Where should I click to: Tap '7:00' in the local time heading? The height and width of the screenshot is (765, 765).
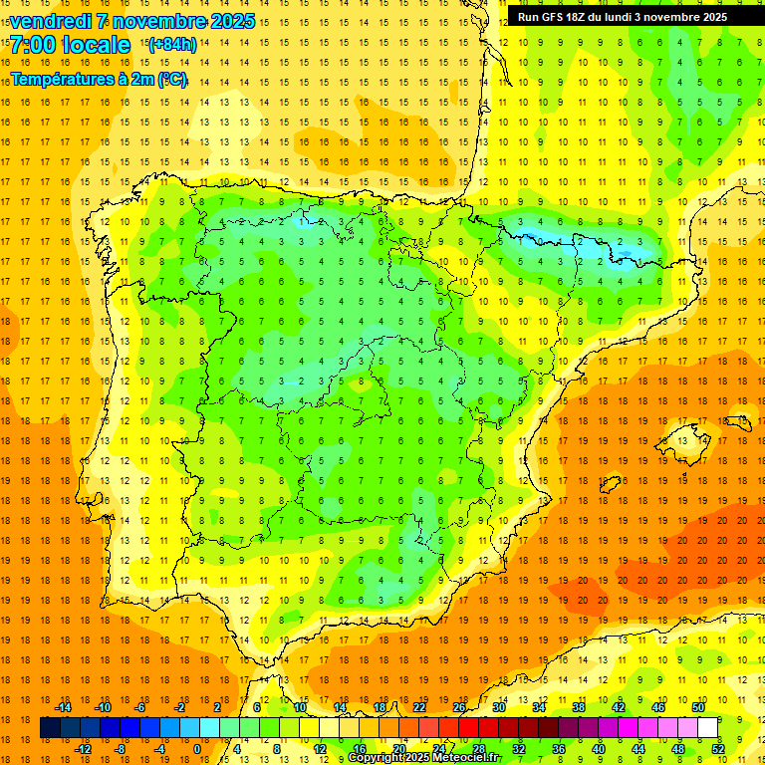33,45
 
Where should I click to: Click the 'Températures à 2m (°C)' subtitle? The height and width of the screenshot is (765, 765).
99,79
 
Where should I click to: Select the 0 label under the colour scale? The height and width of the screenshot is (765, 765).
197,748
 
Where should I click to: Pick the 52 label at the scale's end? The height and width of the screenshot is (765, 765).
718,748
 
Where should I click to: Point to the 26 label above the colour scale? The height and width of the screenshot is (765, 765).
459,707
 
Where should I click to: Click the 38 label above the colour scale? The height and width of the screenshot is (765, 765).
579,707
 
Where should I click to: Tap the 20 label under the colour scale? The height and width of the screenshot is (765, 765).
399,748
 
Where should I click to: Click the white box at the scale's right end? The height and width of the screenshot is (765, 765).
707,728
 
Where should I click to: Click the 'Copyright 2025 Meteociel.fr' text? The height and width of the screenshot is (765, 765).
424,758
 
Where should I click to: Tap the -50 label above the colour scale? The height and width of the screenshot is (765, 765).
697,707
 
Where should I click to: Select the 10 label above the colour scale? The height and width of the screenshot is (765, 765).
300,707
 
